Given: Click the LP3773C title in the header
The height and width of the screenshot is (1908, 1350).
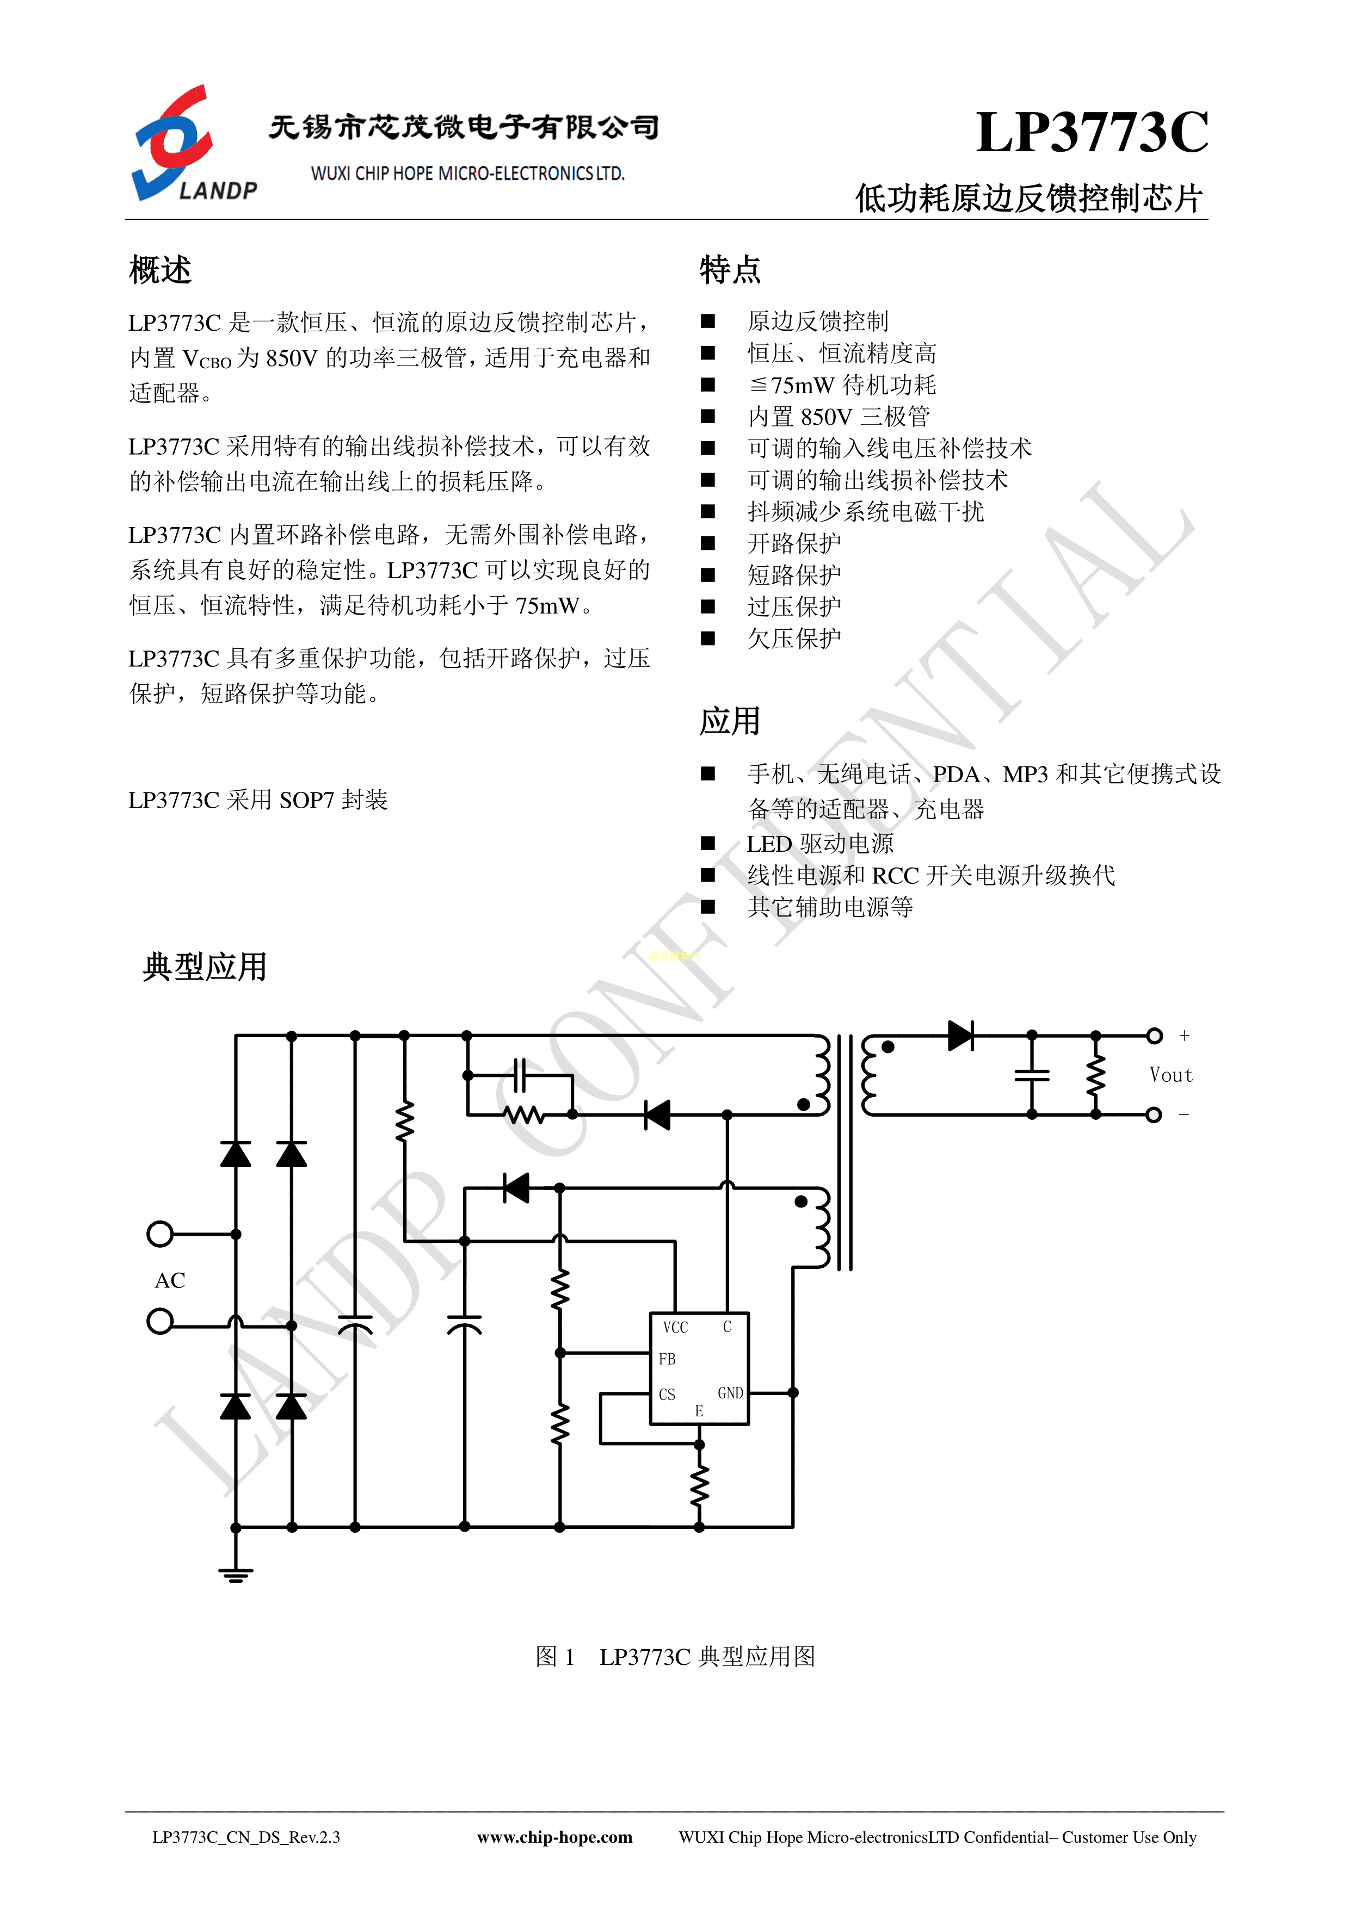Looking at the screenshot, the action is coord(1092,132).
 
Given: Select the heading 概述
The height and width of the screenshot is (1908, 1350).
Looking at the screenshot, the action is coord(161,270).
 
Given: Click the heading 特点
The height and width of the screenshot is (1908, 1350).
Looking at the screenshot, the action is coord(730,270).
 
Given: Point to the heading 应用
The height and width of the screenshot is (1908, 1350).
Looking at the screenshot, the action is coord(730,721).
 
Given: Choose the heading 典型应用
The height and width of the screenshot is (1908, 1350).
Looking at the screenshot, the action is coord(205,967).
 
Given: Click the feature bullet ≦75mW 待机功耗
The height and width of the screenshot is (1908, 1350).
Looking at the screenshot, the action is coord(842,385).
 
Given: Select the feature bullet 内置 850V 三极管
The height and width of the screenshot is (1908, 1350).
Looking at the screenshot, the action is coord(839,416).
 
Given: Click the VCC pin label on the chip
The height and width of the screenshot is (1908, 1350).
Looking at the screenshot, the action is coord(675,1327).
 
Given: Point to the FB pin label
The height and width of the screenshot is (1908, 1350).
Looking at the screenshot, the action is coord(667,1359).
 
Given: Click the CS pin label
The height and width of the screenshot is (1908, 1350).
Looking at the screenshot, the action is coord(667,1395).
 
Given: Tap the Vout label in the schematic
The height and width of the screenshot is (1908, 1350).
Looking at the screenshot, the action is coord(1170,1075).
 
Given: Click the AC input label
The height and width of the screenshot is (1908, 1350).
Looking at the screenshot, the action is coord(170,1280).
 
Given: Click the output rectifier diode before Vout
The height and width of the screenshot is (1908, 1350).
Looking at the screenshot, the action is coord(961,1036).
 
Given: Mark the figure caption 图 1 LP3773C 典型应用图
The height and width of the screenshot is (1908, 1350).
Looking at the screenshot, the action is coord(675,1656).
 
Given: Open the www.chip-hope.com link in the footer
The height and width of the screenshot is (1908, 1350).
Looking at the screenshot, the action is coord(554,1837).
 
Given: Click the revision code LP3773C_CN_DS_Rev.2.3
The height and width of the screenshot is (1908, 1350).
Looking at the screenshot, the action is coord(246,1837).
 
